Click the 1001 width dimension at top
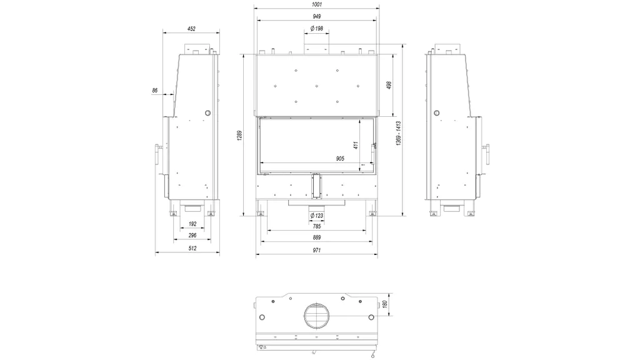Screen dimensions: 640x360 tap(317, 4)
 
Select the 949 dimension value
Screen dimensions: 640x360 tap(317, 17)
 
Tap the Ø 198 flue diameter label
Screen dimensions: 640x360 tap(317, 29)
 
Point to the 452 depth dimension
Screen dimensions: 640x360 tap(191, 29)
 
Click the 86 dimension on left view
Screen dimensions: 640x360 tap(155, 90)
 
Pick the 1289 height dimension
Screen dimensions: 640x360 tap(239, 136)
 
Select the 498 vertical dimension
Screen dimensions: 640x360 tap(389, 85)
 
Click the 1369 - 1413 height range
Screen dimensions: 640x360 tap(398, 133)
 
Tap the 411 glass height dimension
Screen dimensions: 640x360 tap(356, 145)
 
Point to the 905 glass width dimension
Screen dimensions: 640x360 tap(340, 158)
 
